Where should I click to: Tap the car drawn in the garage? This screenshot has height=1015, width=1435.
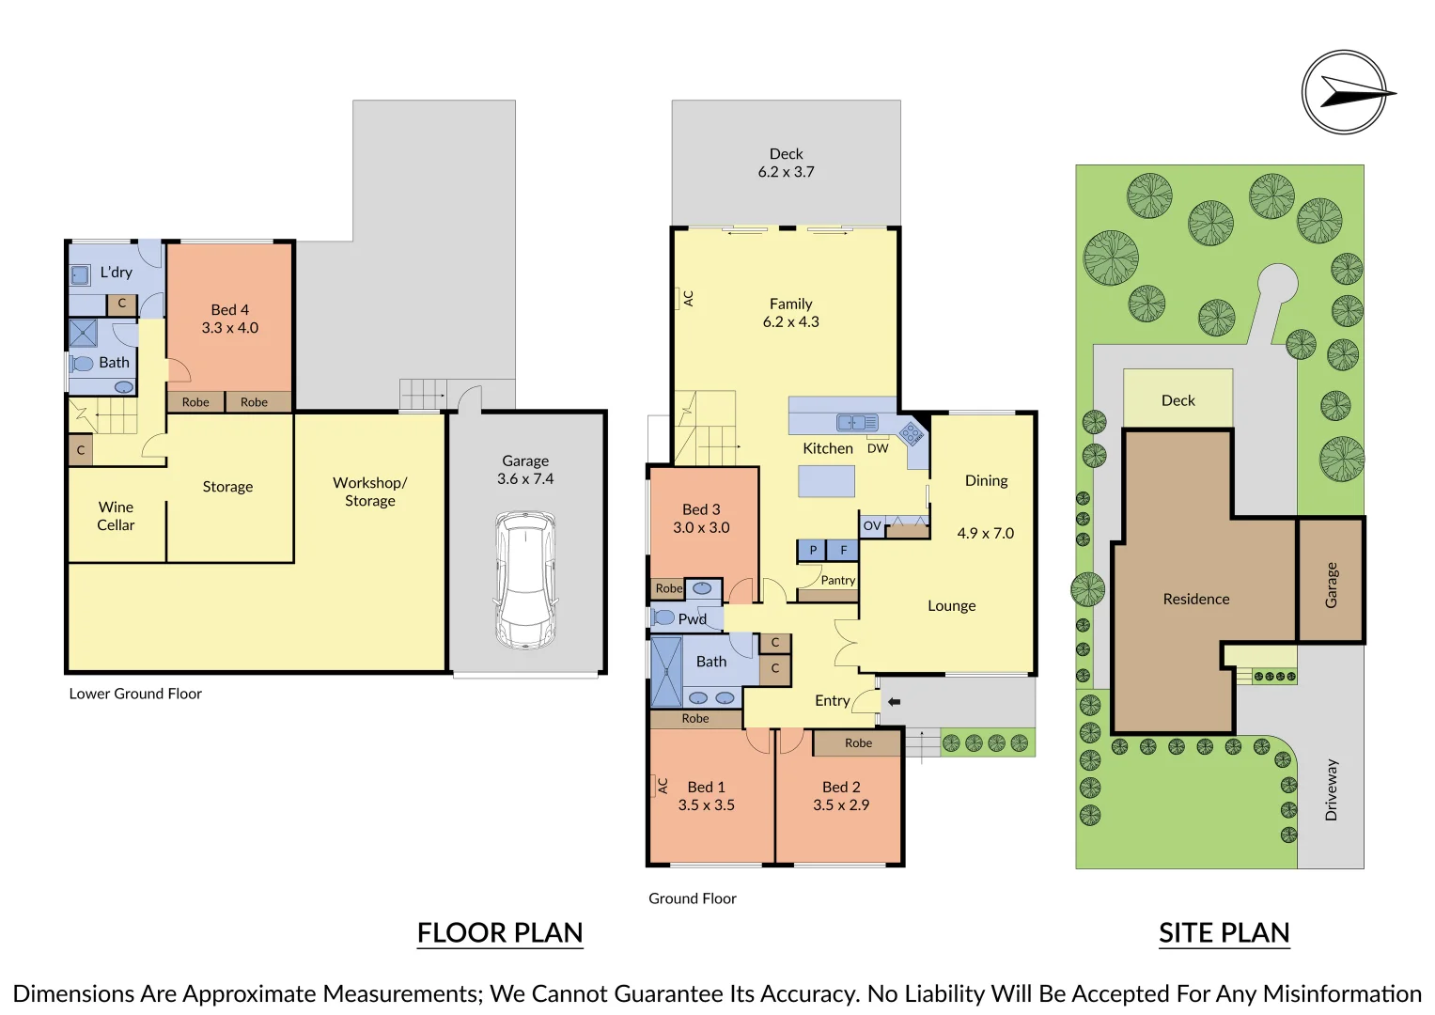click(525, 581)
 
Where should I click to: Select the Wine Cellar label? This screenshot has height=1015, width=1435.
click(116, 516)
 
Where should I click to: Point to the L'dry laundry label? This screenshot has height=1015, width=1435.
click(116, 273)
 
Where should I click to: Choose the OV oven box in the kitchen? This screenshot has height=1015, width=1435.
click(872, 526)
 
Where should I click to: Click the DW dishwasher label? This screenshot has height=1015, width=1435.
click(878, 448)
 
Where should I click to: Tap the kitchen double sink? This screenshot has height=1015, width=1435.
click(857, 422)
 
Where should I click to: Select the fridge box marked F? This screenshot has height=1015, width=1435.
click(843, 550)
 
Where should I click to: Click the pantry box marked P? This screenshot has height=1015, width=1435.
click(812, 550)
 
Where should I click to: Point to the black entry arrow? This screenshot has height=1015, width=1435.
click(895, 702)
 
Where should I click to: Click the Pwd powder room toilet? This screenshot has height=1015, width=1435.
click(663, 617)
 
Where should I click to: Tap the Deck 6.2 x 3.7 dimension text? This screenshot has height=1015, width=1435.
click(786, 172)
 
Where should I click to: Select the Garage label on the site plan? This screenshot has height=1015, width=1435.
click(1332, 585)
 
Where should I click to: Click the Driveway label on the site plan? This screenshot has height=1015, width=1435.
click(1332, 790)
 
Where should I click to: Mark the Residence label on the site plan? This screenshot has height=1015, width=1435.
click(1196, 600)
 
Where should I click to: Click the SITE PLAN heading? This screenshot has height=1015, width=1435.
click(1224, 933)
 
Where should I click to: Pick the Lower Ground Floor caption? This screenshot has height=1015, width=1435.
click(135, 694)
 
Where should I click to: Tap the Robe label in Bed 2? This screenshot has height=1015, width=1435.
click(858, 742)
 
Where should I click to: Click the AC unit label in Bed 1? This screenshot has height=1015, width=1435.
click(663, 786)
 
